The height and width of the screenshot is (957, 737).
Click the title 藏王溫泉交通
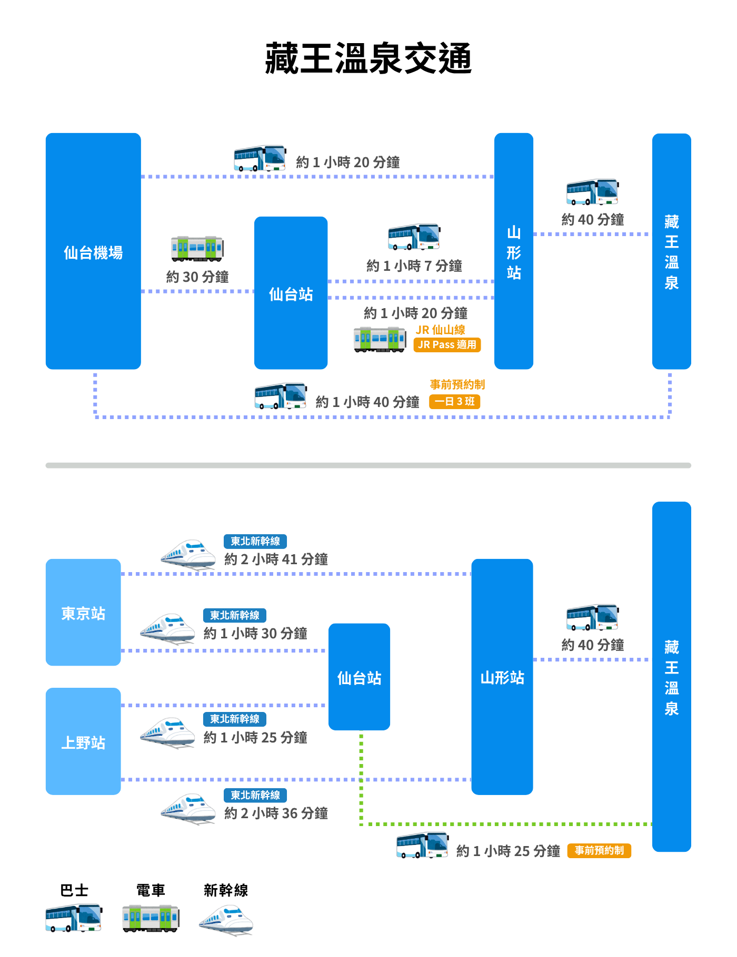pyautogui.click(x=368, y=58)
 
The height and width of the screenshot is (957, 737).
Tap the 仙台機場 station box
pyautogui.click(x=93, y=251)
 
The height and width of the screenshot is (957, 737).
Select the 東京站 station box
pyautogui.click(x=83, y=613)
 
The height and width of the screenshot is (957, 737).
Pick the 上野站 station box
pyautogui.click(x=83, y=741)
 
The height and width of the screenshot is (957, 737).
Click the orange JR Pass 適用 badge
pyautogui.click(x=447, y=345)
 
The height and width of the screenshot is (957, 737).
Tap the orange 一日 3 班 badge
pyautogui.click(x=455, y=402)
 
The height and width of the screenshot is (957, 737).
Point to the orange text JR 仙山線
pyautogui.click(x=441, y=330)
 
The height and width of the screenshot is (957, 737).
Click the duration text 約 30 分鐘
pyautogui.click(x=197, y=277)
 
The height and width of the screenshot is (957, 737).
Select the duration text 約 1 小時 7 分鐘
pyautogui.click(x=414, y=266)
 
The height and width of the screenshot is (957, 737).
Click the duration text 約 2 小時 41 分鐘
pyautogui.click(x=276, y=559)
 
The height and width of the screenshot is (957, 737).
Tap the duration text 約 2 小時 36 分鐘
pyautogui.click(x=276, y=813)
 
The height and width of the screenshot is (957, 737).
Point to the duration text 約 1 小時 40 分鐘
pyautogui.click(x=367, y=402)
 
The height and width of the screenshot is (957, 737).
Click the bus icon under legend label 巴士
pyautogui.click(x=74, y=918)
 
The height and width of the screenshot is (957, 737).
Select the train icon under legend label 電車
pyautogui.click(x=151, y=918)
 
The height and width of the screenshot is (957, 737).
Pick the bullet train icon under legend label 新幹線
pyautogui.click(x=226, y=920)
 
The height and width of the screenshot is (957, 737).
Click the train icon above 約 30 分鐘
pyautogui.click(x=197, y=249)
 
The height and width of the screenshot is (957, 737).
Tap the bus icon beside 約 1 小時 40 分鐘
pyautogui.click(x=281, y=396)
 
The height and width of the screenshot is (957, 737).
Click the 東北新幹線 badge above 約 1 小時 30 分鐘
pyautogui.click(x=235, y=615)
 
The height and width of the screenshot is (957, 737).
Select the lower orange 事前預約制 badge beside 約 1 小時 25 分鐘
pyautogui.click(x=599, y=851)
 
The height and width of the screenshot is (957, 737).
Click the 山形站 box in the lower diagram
pyautogui.click(x=502, y=677)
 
